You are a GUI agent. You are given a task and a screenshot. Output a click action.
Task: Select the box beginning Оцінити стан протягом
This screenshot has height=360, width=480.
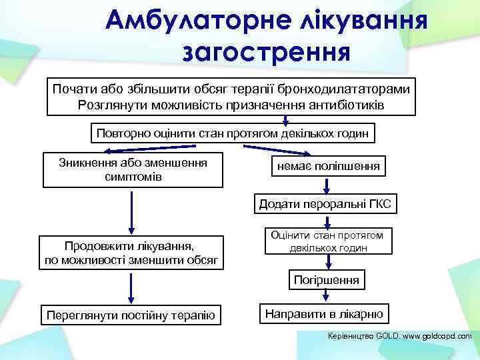326,241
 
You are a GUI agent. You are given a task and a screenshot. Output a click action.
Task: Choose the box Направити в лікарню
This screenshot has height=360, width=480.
324,313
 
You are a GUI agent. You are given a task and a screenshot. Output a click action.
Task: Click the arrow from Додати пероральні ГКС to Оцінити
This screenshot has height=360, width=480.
327,222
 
